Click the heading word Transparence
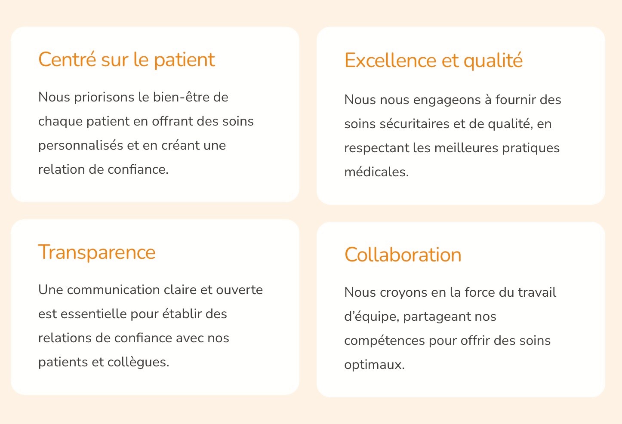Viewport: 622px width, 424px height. (97, 252)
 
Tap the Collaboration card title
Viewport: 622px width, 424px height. (403, 255)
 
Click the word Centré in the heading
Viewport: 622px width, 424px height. (67, 60)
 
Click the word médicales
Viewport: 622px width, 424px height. (376, 172)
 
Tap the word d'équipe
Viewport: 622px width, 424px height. (371, 316)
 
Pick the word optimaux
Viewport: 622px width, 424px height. (374, 365)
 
